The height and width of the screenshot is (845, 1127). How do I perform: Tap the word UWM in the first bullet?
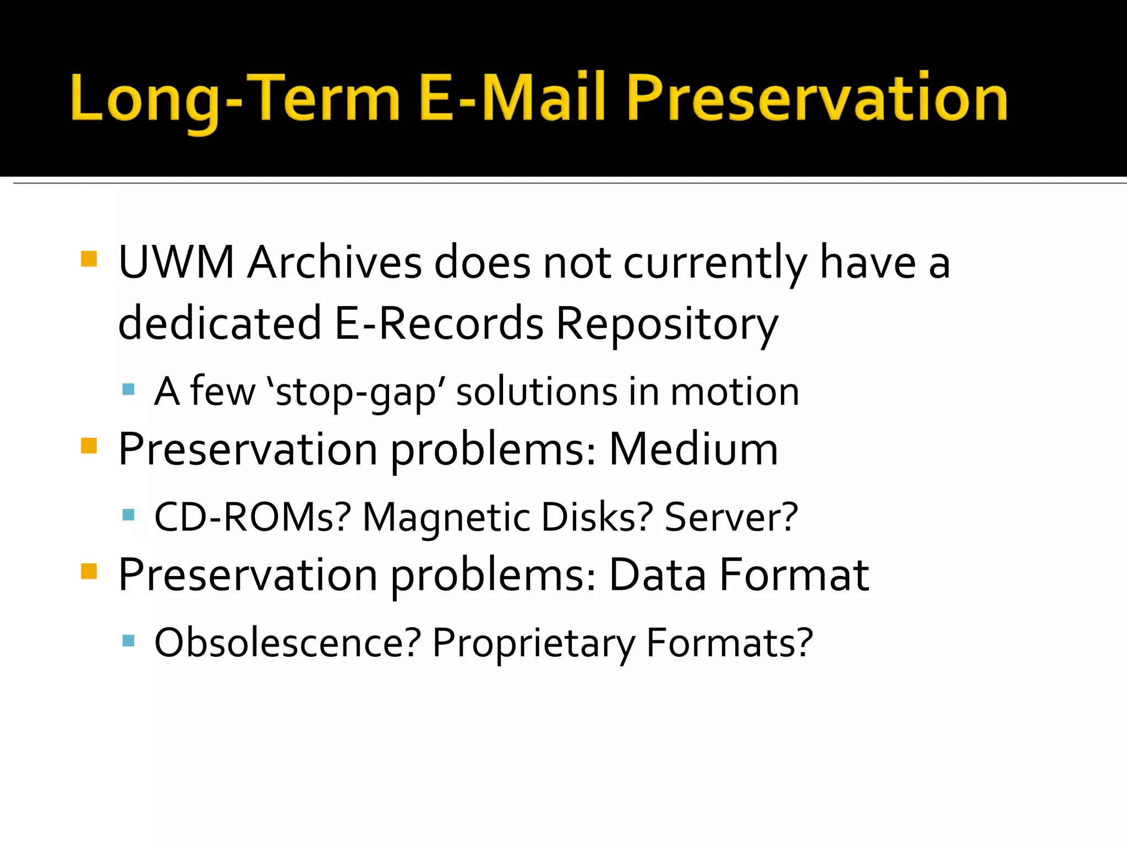tap(176, 262)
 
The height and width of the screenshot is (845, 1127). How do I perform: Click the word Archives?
tap(334, 262)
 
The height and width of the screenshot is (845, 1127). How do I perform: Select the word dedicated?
tap(219, 323)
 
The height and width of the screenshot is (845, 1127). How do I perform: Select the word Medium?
tap(693, 449)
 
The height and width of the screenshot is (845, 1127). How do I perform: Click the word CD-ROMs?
tap(253, 517)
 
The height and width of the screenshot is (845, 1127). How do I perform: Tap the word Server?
tap(731, 517)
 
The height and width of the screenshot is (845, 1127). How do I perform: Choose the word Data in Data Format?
tap(658, 575)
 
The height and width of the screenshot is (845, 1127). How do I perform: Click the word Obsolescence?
tap(287, 643)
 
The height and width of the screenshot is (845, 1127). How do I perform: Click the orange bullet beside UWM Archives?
tap(89, 259)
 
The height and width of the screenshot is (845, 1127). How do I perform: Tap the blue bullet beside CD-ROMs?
tap(128, 515)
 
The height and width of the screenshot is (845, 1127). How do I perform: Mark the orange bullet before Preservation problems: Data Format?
tap(89, 572)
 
